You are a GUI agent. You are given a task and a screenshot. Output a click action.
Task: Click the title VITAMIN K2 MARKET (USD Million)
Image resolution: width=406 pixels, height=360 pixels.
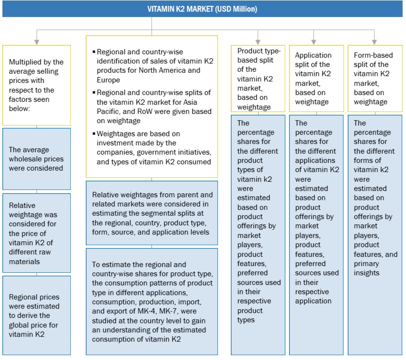tap(203, 9)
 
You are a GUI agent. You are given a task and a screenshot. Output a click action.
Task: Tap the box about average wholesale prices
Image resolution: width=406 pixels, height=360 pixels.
tap(36, 159)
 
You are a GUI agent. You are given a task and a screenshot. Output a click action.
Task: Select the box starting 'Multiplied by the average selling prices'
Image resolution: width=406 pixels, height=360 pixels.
tap(36, 85)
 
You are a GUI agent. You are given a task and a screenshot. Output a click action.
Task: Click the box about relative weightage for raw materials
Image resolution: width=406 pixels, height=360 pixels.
tap(36, 234)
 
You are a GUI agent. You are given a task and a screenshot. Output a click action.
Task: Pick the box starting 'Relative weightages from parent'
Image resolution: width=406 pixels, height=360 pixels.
tap(152, 213)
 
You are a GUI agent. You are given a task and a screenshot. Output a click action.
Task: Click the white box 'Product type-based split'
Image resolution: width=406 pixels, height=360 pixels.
tap(258, 78)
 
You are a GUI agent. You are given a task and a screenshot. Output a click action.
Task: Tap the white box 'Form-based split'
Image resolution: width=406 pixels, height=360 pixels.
tap(374, 78)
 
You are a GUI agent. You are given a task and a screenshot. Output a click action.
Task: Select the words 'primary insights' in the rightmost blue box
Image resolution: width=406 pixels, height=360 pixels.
tap(368, 268)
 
